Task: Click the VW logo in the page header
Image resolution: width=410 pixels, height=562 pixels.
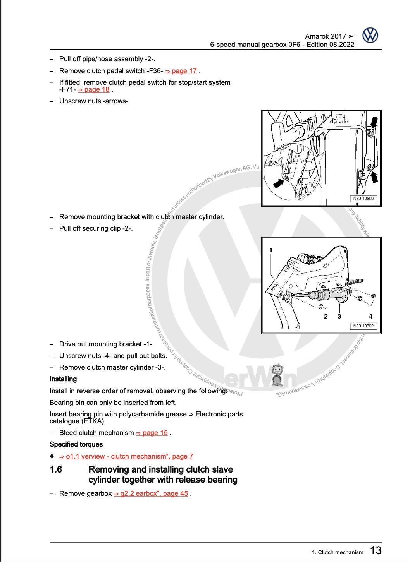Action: click(x=370, y=36)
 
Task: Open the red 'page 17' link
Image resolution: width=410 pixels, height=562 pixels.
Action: click(x=181, y=71)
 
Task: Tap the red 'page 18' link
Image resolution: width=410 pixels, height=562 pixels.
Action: click(x=94, y=89)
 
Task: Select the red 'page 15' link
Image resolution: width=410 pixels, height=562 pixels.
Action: click(x=152, y=433)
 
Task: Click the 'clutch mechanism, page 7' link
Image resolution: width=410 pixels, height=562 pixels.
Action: click(x=126, y=456)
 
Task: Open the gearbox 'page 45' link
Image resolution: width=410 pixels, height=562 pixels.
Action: click(x=151, y=493)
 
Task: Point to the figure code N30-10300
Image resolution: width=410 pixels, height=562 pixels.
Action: click(x=363, y=199)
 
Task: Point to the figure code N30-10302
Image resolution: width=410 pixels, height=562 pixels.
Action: click(x=363, y=326)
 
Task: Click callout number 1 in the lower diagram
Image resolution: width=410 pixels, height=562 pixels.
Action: click(x=271, y=250)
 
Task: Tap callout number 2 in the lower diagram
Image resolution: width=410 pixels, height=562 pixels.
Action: click(x=326, y=316)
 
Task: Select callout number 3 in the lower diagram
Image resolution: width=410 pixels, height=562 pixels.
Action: click(x=339, y=316)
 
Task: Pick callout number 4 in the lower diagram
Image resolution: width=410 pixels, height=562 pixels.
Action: click(x=370, y=316)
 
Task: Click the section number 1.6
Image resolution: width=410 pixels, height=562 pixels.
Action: click(x=56, y=469)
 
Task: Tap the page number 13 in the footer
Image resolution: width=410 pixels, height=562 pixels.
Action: click(x=376, y=550)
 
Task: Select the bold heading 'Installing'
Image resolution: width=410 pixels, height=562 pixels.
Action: click(x=63, y=379)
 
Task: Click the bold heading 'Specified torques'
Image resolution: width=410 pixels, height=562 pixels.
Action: click(x=76, y=444)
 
